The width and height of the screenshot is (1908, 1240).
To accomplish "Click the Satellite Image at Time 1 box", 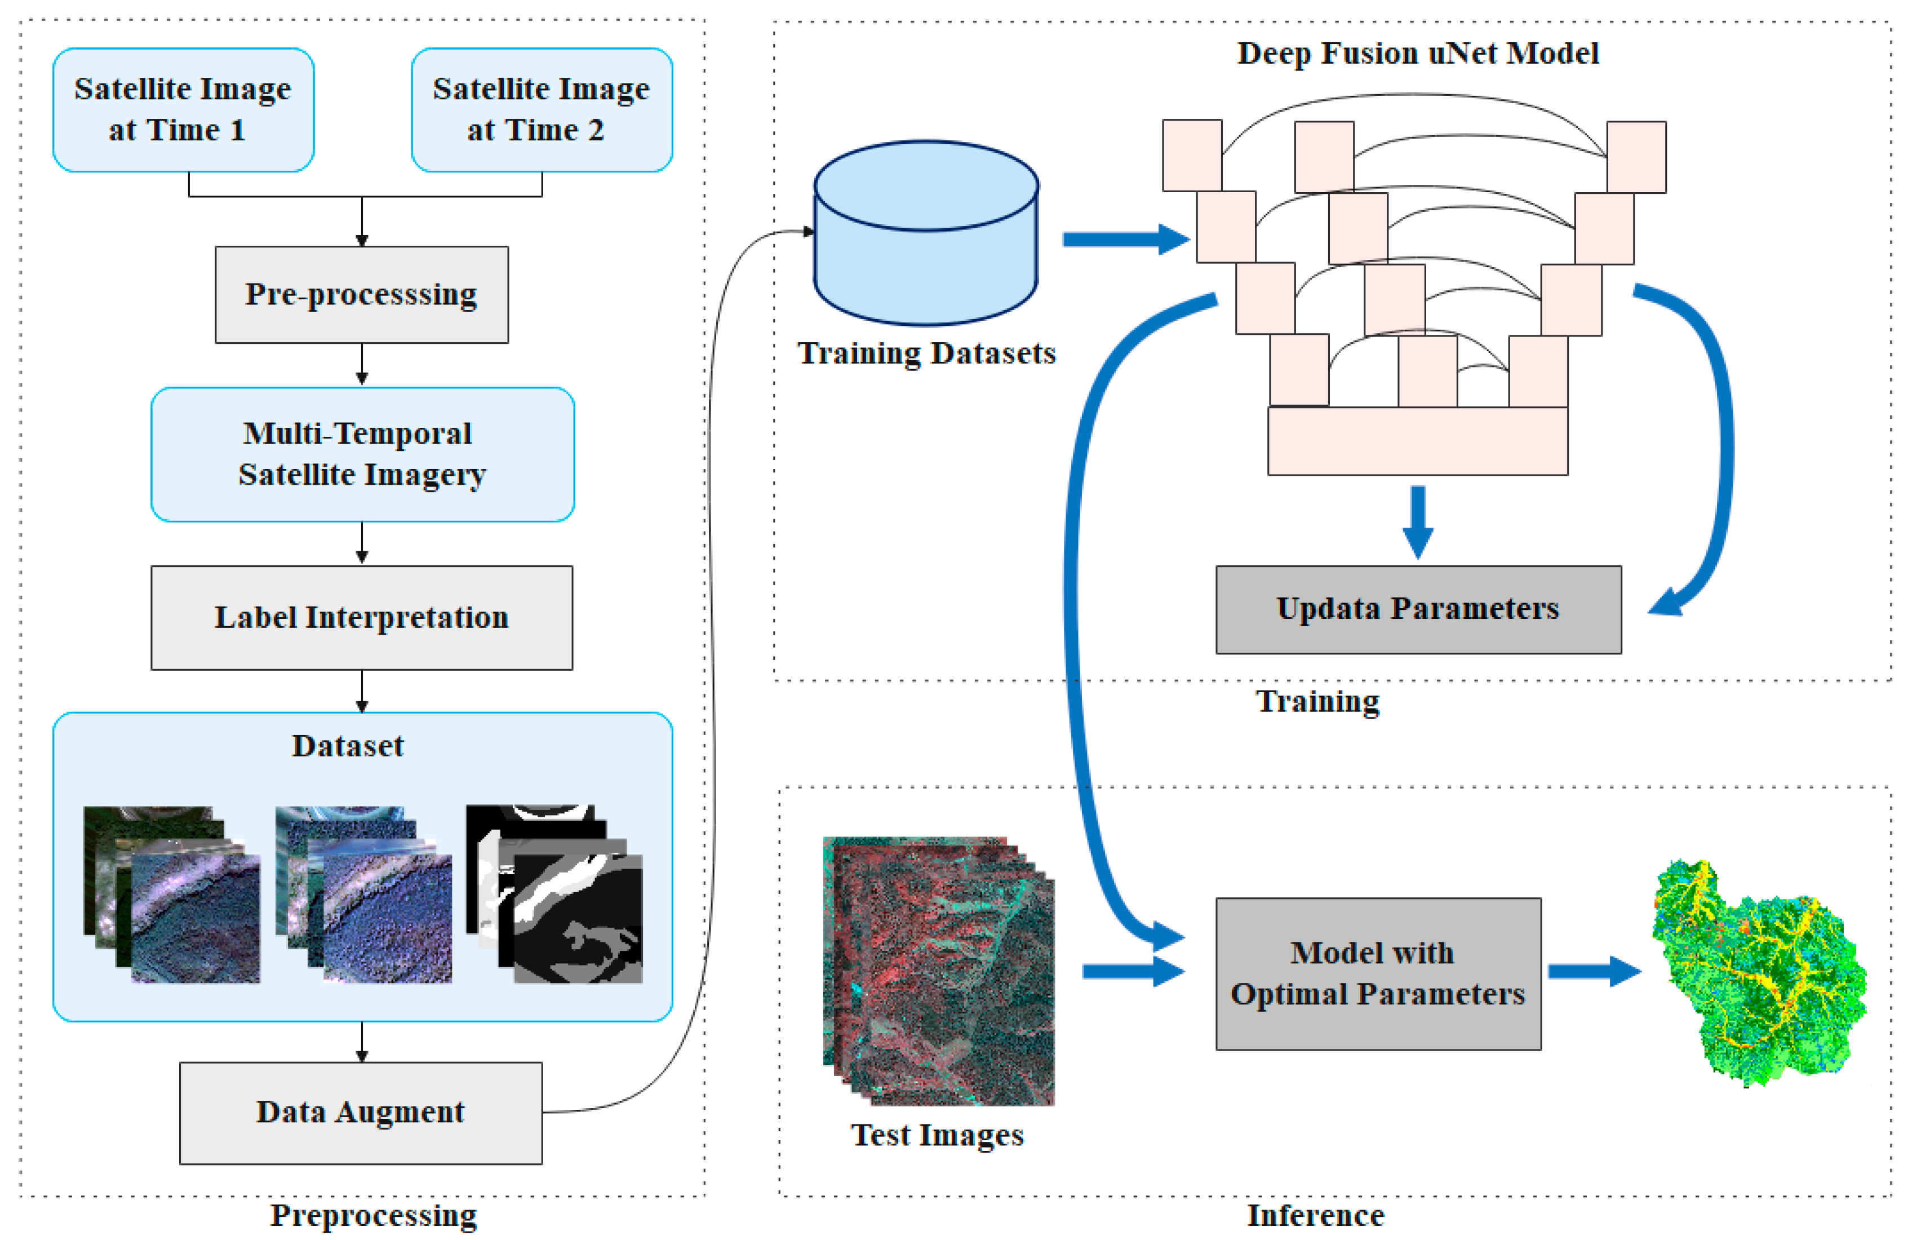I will tap(183, 109).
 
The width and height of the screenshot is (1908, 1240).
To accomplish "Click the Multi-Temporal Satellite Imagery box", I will tap(362, 454).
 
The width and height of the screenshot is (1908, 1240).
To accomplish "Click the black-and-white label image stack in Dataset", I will tap(561, 898).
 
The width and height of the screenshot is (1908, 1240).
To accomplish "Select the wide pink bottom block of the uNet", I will tap(1417, 441).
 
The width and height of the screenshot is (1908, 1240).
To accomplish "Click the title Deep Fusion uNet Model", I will tap(1417, 53).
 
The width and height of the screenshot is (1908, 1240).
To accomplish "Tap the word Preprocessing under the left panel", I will tap(373, 1215).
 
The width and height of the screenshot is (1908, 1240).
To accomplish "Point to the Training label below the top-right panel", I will tap(1317, 701).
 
